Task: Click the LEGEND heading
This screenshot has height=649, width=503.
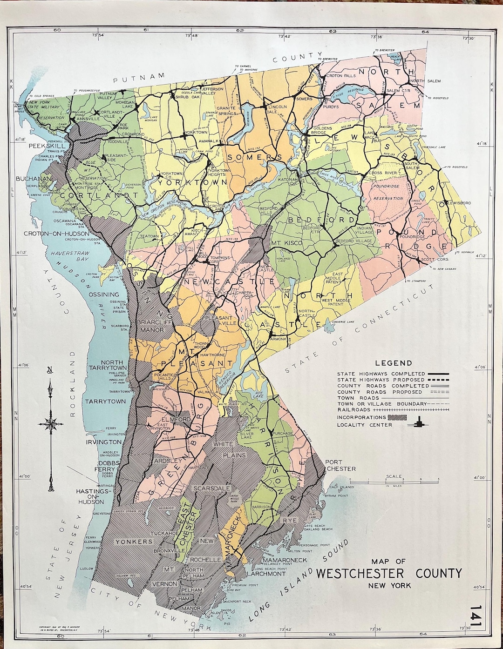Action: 394,363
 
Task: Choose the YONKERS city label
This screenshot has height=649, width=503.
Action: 134,542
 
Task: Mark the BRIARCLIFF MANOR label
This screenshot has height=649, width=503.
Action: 151,326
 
